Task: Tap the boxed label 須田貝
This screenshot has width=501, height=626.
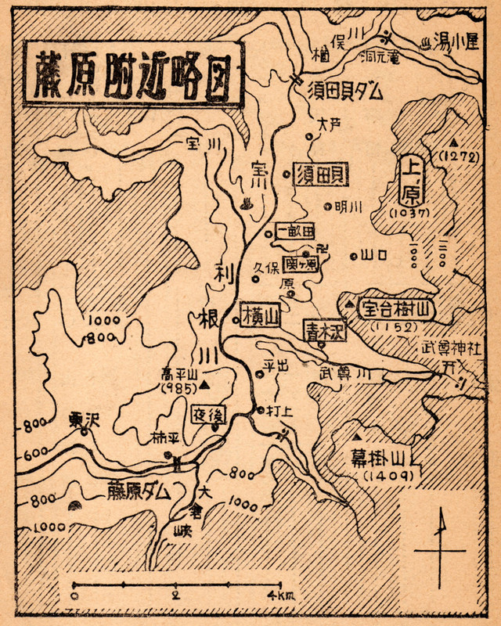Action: (x=321, y=175)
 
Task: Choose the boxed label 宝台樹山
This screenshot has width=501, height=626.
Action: (x=394, y=308)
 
